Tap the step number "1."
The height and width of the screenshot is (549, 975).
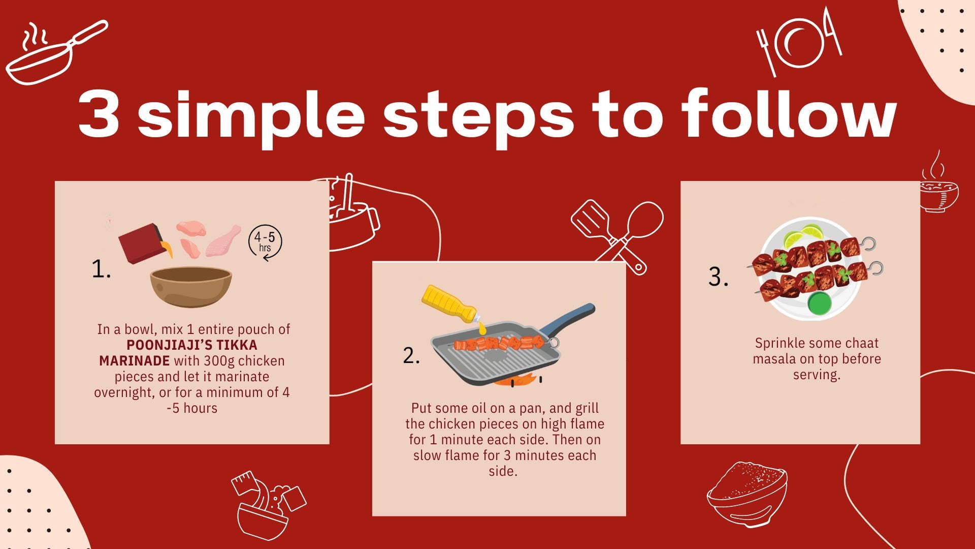pyautogui.click(x=101, y=269)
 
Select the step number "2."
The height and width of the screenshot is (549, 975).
pyautogui.click(x=411, y=355)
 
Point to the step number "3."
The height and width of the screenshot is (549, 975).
pyautogui.click(x=718, y=277)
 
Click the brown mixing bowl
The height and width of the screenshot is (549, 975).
pyautogui.click(x=191, y=287)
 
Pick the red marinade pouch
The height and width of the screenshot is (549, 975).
pyautogui.click(x=142, y=243)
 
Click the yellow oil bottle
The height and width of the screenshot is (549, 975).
pyautogui.click(x=450, y=303)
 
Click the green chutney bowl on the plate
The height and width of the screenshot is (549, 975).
pyautogui.click(x=819, y=302)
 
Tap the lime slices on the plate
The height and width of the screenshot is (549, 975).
pyautogui.click(x=802, y=237)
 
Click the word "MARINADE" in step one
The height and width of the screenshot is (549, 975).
pyautogui.click(x=135, y=361)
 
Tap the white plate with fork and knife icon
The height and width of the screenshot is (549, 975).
pyautogui.click(x=799, y=42)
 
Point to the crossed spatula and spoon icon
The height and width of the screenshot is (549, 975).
pyautogui.click(x=617, y=237)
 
